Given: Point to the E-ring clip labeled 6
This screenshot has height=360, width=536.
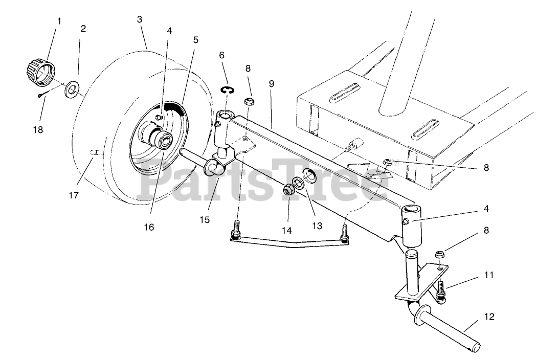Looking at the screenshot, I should click(x=227, y=91).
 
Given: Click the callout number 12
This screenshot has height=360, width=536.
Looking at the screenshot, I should click(x=489, y=317).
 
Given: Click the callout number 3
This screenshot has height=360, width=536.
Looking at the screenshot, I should click(x=140, y=19).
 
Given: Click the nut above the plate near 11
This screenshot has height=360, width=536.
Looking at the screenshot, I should click(x=439, y=254).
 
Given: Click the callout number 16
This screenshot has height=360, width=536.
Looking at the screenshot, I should click(x=149, y=227).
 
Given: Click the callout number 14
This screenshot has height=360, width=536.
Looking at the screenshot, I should click(x=286, y=231).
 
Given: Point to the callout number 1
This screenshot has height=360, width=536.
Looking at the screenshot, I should click(x=59, y=21).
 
